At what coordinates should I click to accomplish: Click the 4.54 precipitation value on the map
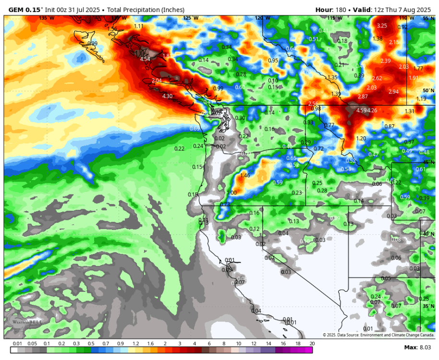click(145, 59)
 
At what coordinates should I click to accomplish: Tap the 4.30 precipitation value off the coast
click(167, 96)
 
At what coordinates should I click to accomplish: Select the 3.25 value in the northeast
click(382, 25)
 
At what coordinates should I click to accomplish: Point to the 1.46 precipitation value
click(245, 176)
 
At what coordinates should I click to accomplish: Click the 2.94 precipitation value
click(393, 92)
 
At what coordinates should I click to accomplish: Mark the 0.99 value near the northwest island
click(93, 44)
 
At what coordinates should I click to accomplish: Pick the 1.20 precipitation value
click(361, 138)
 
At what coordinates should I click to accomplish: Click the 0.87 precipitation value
click(390, 126)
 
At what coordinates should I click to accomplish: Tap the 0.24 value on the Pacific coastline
click(198, 146)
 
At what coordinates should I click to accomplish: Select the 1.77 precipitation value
click(418, 69)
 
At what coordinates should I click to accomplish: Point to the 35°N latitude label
click(428, 306)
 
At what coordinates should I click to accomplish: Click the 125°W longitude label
click(190, 18)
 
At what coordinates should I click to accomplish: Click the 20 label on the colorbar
click(312, 344)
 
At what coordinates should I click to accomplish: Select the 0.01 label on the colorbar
click(18, 344)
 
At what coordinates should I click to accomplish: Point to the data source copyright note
click(378, 335)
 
